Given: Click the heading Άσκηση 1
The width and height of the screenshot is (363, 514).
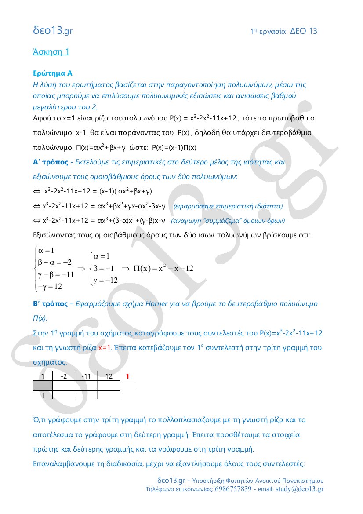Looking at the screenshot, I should [51, 51].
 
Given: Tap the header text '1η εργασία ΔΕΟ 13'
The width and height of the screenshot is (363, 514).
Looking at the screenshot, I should [284, 31].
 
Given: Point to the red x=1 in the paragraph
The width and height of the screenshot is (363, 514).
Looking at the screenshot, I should [105, 348].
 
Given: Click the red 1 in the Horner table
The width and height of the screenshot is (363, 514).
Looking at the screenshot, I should [127, 376].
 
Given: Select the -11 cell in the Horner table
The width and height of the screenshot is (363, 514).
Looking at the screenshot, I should [86, 376].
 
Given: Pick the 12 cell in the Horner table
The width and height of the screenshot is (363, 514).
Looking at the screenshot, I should [109, 376].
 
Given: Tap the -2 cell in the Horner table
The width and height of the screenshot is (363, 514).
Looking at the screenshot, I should [64, 376].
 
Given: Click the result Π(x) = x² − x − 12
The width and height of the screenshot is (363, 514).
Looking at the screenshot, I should [163, 268].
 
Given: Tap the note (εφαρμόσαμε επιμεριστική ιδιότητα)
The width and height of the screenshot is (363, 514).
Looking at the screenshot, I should [228, 206].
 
